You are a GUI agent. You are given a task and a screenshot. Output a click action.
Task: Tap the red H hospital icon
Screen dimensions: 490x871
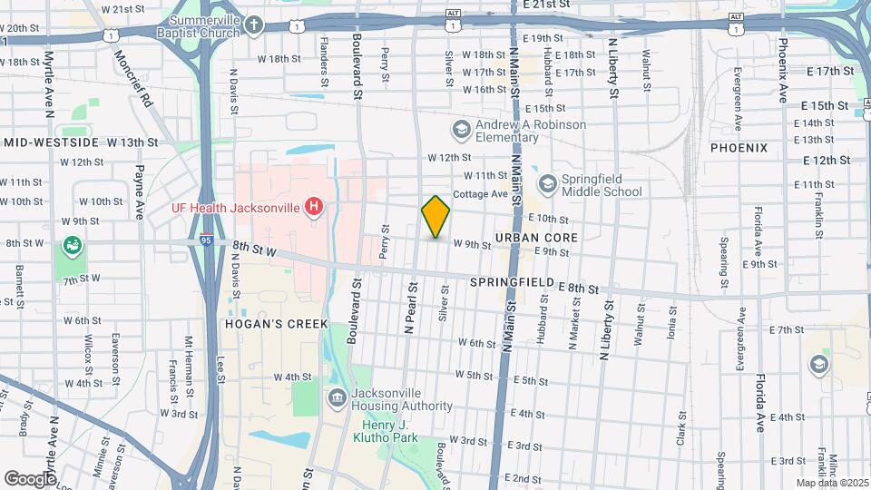pos(314,208)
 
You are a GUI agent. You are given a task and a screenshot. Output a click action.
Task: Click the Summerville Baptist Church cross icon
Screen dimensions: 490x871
pos(256,25)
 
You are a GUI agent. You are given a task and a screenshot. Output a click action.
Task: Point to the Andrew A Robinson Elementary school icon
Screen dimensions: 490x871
pos(462,131)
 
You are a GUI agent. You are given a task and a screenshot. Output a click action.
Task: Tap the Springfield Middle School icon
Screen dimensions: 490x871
pos(547,184)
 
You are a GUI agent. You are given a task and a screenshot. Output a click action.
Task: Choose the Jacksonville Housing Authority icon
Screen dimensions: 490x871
pos(337,397)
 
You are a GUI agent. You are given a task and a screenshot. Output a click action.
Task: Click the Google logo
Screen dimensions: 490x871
pos(31,478)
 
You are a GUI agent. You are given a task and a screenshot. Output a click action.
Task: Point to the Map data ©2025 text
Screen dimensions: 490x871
pos(833,483)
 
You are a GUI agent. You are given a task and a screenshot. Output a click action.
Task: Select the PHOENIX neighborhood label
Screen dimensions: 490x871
pos(739,147)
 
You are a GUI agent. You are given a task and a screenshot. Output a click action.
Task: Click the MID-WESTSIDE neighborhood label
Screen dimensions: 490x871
pos(50,142)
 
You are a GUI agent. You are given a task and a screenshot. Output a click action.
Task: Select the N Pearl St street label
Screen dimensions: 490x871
pos(410,307)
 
